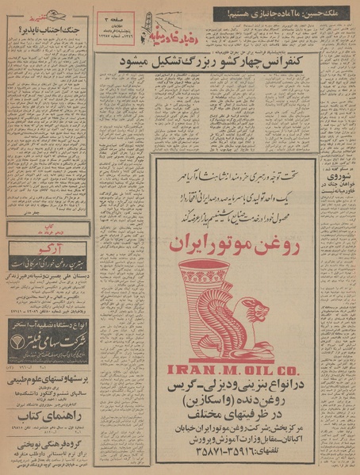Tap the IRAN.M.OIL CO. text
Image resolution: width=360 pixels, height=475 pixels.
(231, 368)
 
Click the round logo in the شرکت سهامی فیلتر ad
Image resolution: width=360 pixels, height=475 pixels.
(18, 343)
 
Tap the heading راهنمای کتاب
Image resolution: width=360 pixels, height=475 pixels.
(48, 414)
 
